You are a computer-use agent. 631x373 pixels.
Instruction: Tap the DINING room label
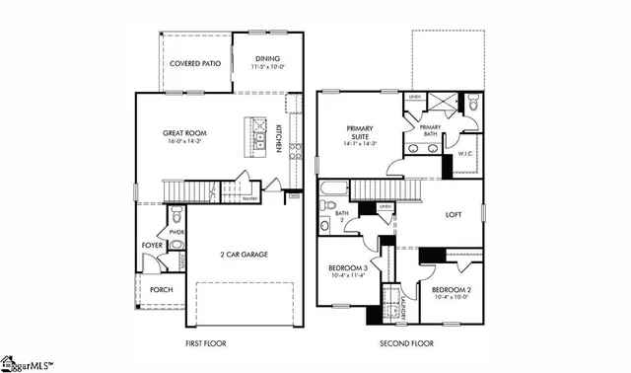[268, 59]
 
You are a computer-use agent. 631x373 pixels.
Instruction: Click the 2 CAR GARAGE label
[244, 254]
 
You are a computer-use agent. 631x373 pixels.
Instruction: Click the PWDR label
[176, 233]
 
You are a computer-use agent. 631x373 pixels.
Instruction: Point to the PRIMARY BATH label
[431, 130]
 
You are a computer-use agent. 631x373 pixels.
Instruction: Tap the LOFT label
[454, 213]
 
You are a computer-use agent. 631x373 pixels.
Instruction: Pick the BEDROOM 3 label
[348, 268]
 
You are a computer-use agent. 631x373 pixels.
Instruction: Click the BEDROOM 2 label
[453, 289]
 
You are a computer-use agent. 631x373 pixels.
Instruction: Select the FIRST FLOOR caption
[209, 344]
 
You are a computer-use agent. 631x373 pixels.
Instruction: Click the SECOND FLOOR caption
[407, 344]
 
